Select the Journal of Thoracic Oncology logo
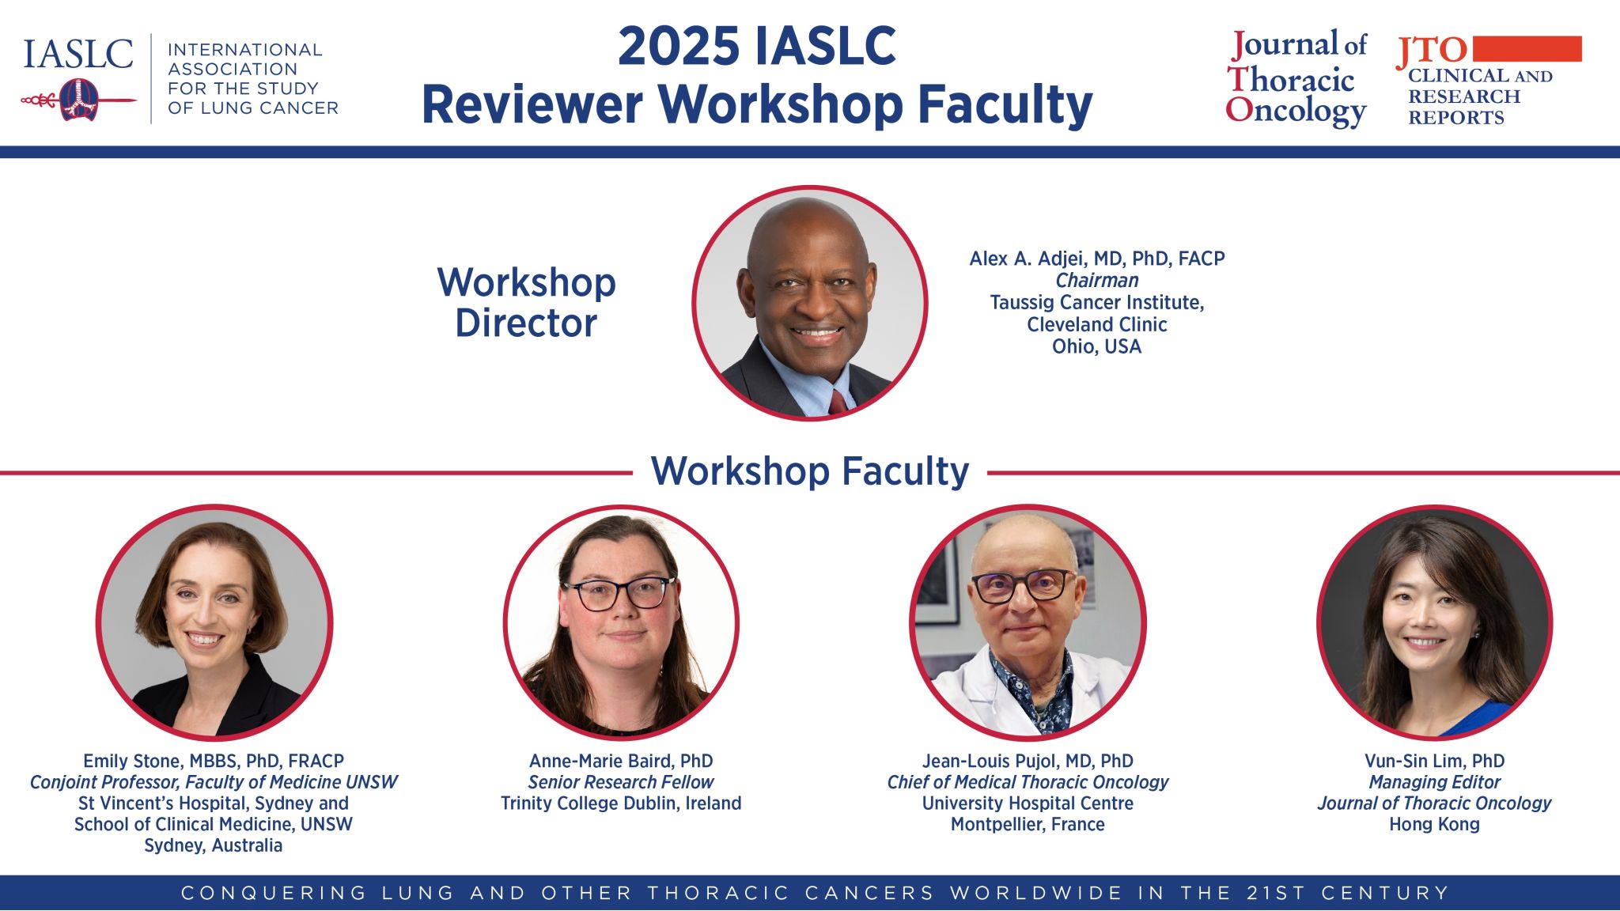(x=1296, y=78)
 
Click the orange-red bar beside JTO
(x=1527, y=48)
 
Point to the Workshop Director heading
(x=527, y=302)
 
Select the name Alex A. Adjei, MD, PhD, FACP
(x=1097, y=259)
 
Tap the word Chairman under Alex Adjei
(x=1097, y=280)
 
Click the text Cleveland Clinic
(x=1097, y=324)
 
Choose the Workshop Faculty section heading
(x=810, y=471)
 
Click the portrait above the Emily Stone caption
(x=214, y=622)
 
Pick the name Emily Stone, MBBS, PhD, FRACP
(x=214, y=761)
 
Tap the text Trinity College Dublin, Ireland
(x=621, y=803)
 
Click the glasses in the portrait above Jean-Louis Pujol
(x=1024, y=586)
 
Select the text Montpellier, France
(x=1028, y=825)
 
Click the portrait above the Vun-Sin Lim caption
(x=1434, y=622)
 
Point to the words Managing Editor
(x=1434, y=782)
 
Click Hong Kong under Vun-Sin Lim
(x=1434, y=825)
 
